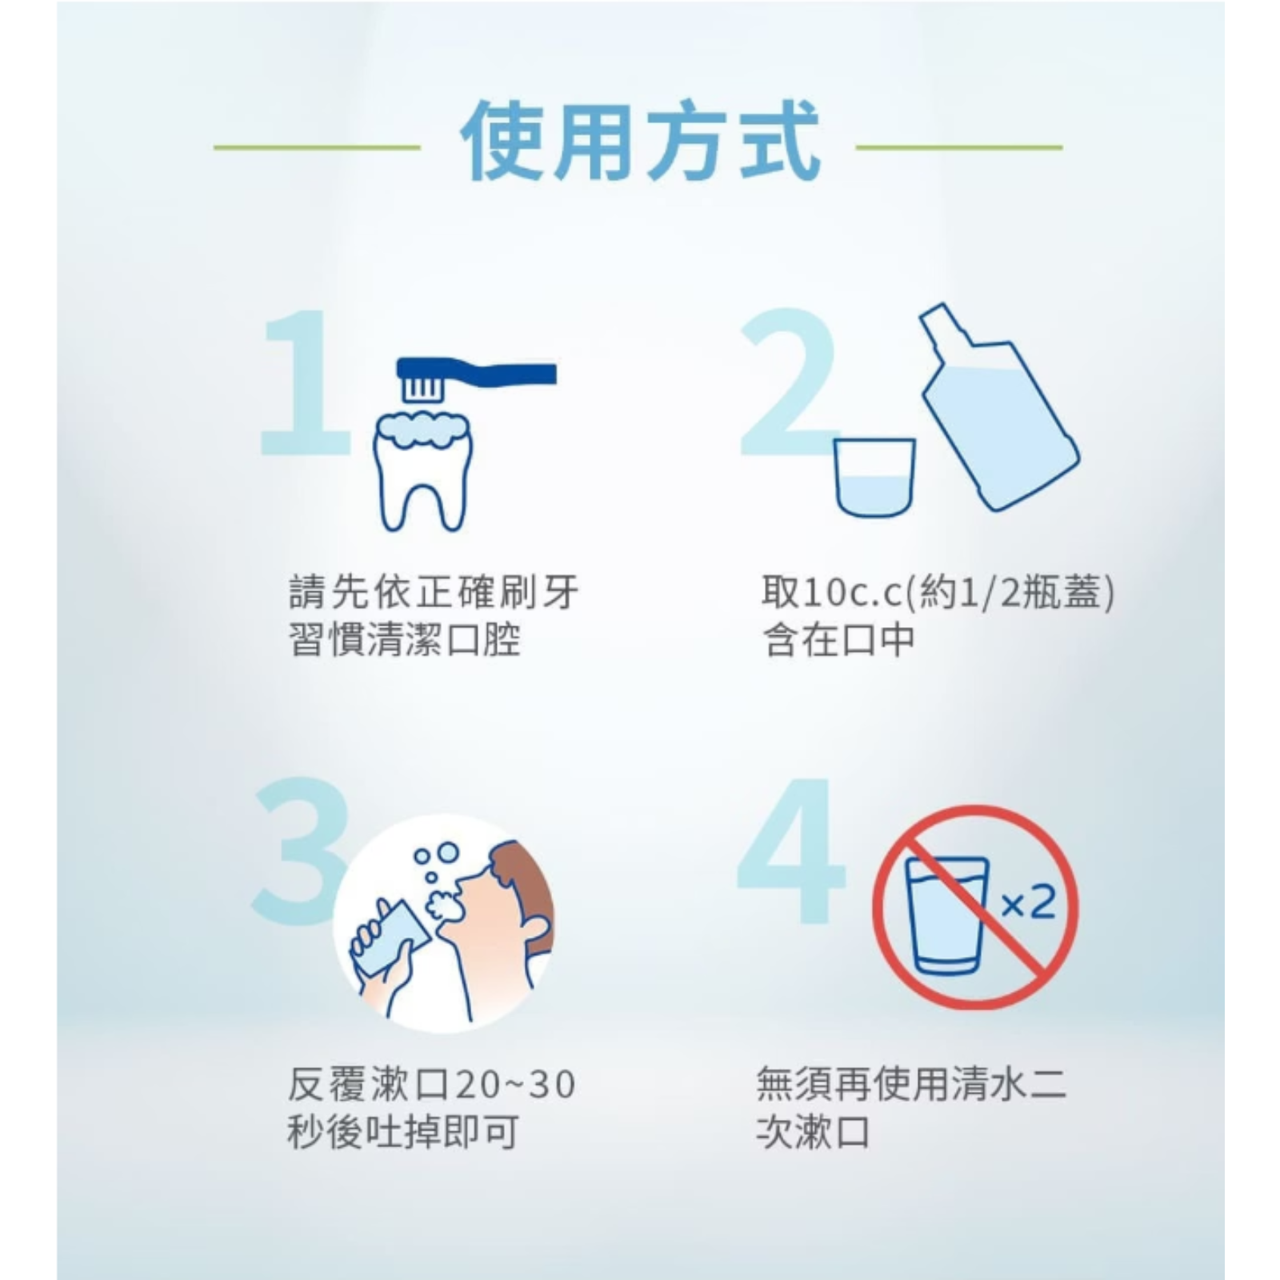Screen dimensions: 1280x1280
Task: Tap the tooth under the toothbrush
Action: coord(424,472)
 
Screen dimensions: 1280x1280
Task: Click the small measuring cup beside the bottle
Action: coord(874,478)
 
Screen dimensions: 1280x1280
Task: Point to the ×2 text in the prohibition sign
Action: coord(1028,903)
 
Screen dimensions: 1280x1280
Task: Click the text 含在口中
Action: coord(839,640)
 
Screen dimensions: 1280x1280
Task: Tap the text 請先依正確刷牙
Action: coord(433,593)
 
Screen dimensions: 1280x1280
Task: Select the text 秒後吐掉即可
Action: coord(403,1132)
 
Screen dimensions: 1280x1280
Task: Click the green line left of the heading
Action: coord(317,147)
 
